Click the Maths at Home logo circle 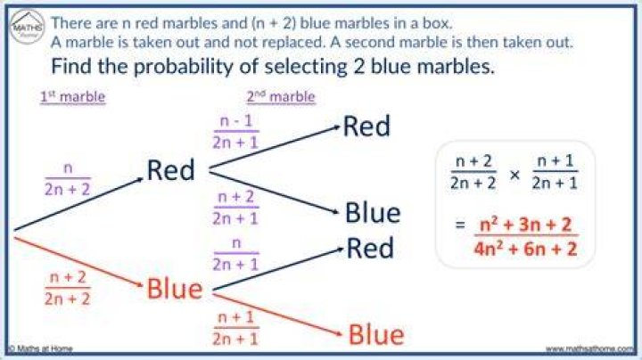tap(27, 27)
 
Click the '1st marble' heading tap(73, 97)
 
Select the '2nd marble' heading tap(281, 97)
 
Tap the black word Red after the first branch tap(170, 170)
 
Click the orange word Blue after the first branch tap(175, 289)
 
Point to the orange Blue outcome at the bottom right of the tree tap(376, 334)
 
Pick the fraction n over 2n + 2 tap(68, 179)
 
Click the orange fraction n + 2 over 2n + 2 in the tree tap(68, 288)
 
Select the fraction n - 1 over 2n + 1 tap(235, 132)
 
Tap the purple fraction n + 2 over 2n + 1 tap(235, 208)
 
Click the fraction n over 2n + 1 tap(235, 254)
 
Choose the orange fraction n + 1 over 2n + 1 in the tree tap(235, 328)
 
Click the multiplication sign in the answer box tap(514, 175)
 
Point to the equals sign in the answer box tap(460, 225)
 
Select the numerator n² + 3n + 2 tap(525, 225)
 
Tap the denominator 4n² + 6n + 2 tap(526, 249)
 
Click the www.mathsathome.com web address tap(589, 349)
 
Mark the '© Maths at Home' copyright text tap(40, 349)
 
